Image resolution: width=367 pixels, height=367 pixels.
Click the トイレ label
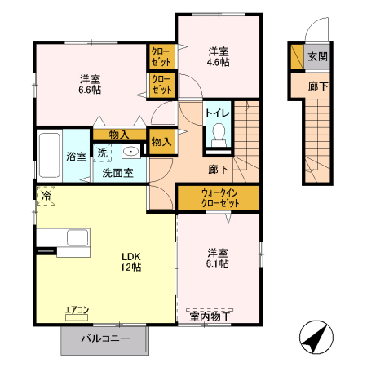pyautogui.click(x=217, y=113)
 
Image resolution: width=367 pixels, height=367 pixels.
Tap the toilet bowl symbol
pyautogui.click(x=218, y=135)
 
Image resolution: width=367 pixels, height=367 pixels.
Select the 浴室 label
pyautogui.click(x=77, y=156)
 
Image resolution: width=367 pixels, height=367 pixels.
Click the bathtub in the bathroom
pyautogui.click(x=49, y=154)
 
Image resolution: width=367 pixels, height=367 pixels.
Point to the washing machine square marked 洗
pyautogui.click(x=103, y=153)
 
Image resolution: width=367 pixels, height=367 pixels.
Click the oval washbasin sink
pyautogui.click(x=130, y=152)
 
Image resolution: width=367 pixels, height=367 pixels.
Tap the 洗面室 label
pyautogui.click(x=118, y=173)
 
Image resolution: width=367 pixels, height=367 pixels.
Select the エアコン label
pyautogui.click(x=77, y=310)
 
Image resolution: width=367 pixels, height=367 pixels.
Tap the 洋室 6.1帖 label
pyautogui.click(x=217, y=258)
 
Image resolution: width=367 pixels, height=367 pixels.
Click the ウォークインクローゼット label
pyautogui.click(x=218, y=197)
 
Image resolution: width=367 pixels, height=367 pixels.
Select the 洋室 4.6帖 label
pyautogui.click(x=216, y=55)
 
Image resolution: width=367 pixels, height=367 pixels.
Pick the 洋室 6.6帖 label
pyautogui.click(x=91, y=84)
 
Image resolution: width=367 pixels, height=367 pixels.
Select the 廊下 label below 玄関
pyautogui.click(x=316, y=85)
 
